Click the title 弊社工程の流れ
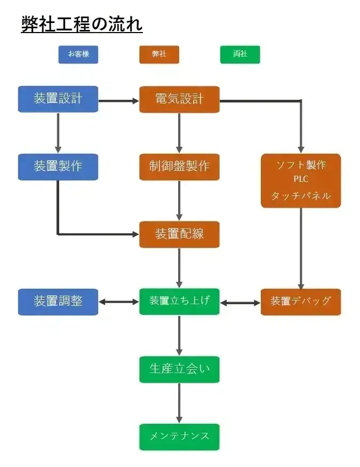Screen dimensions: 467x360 click(82, 24)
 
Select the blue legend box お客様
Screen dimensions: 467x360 click(78, 54)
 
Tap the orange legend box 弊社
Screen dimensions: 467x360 click(159, 54)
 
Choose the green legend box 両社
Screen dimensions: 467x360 click(240, 54)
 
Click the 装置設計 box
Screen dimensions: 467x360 click(58, 99)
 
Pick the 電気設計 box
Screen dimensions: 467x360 click(179, 99)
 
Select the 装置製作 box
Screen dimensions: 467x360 click(58, 167)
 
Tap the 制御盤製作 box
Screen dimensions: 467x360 click(179, 167)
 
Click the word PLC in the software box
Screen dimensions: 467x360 click(301, 179)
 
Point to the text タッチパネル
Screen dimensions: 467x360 click(301, 196)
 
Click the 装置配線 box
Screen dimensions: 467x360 click(179, 234)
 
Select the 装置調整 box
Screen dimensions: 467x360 click(58, 302)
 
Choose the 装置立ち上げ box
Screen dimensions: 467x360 click(179, 302)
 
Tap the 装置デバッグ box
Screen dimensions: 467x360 click(301, 302)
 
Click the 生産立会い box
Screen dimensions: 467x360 click(179, 369)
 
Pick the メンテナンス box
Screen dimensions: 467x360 click(179, 437)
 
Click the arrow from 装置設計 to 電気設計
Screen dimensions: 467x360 click(118, 100)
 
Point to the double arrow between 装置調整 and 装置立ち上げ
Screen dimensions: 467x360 click(118, 302)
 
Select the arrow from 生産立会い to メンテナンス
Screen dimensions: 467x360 click(179, 403)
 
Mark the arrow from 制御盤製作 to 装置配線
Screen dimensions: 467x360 click(179, 200)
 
